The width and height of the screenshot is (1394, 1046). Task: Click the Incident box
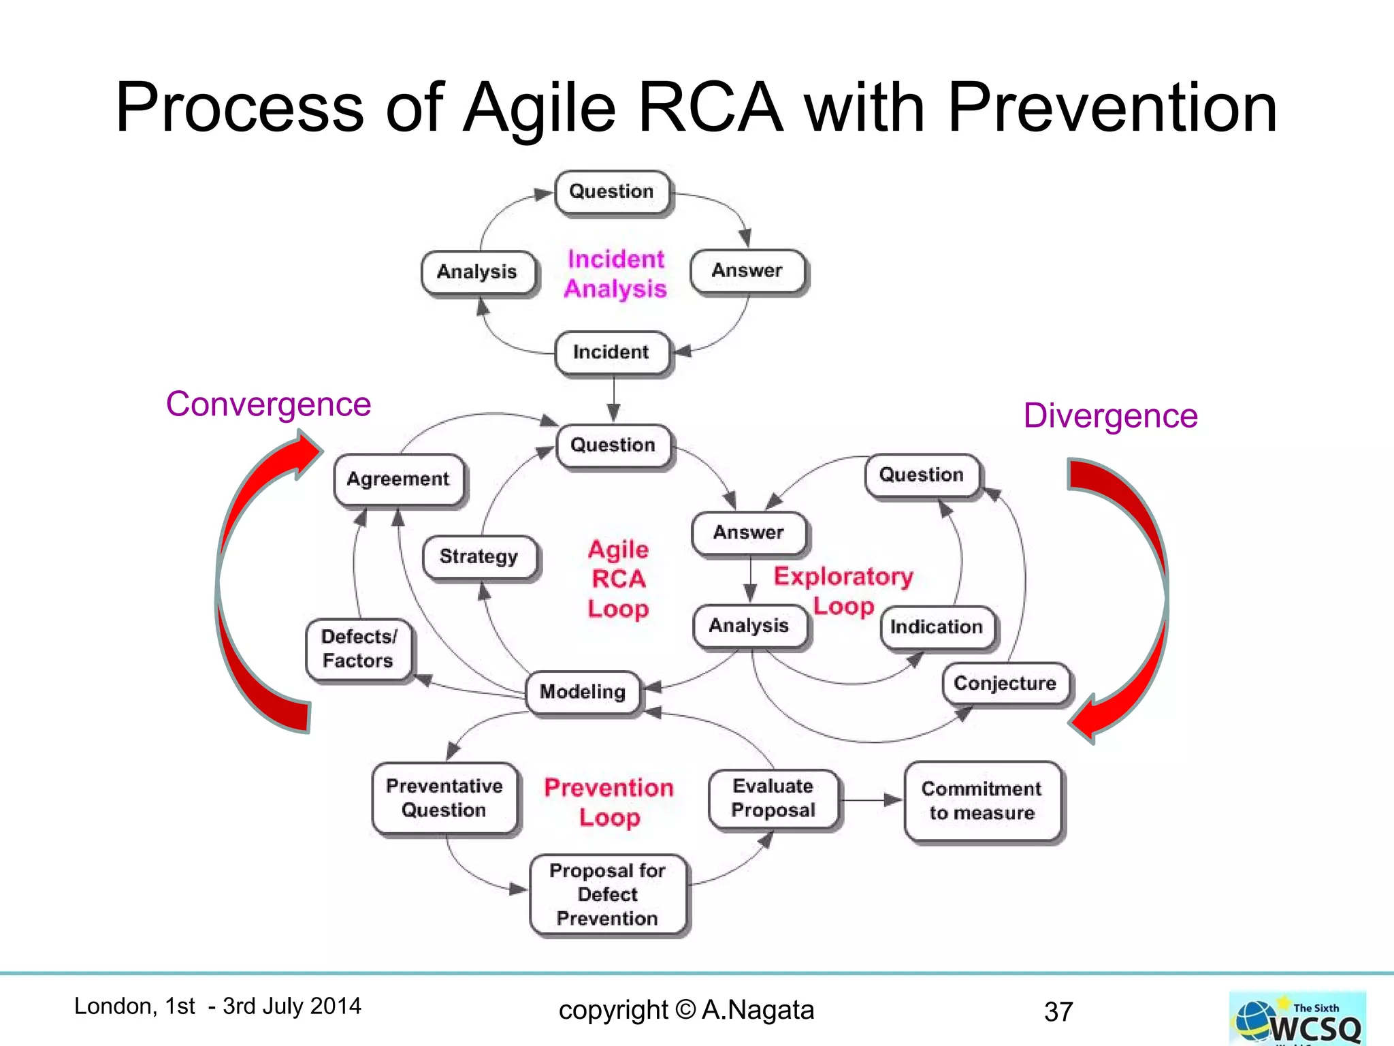pyautogui.click(x=612, y=353)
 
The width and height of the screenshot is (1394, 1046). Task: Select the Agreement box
pyautogui.click(x=399, y=479)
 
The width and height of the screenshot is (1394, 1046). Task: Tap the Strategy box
pyautogui.click(x=479, y=557)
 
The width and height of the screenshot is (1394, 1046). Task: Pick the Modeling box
pyautogui.click(x=583, y=693)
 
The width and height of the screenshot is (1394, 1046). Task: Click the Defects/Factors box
pyautogui.click(x=359, y=649)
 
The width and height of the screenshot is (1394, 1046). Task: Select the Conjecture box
pyautogui.click(x=1005, y=684)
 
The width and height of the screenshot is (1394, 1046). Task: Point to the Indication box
pyautogui.click(x=937, y=627)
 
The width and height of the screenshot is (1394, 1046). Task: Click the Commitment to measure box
pyautogui.click(x=982, y=802)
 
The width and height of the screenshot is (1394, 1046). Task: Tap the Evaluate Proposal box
pyautogui.click(x=773, y=799)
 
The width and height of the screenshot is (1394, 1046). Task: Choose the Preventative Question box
pyautogui.click(x=444, y=799)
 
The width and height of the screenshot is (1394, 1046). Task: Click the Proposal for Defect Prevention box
pyautogui.click(x=608, y=895)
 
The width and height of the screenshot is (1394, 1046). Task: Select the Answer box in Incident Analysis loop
pyautogui.click(x=747, y=271)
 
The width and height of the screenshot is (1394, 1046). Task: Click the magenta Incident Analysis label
pyautogui.click(x=616, y=274)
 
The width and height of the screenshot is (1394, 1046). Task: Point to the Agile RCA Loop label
pyautogui.click(x=618, y=580)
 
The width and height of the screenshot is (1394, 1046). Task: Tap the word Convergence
pyautogui.click(x=268, y=405)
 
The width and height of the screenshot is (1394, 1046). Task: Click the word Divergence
pyautogui.click(x=1110, y=416)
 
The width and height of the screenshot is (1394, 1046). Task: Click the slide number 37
pyautogui.click(x=1058, y=1012)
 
